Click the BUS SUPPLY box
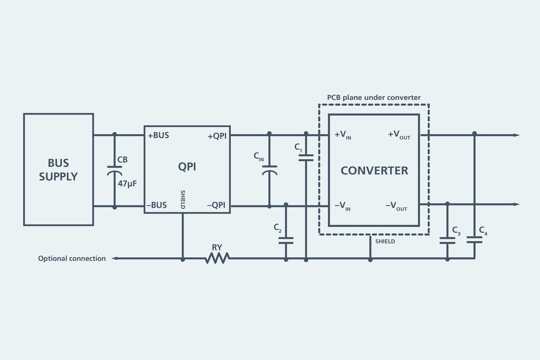(x=58, y=169)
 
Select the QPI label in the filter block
(x=187, y=167)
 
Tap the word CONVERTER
(x=374, y=170)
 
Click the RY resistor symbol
(x=217, y=258)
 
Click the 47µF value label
(x=127, y=184)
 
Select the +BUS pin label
(x=158, y=136)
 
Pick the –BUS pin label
(x=156, y=205)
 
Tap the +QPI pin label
(x=216, y=136)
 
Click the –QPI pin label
(x=216, y=205)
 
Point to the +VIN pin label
(x=343, y=135)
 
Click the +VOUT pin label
(x=399, y=135)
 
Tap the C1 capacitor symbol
(x=306, y=158)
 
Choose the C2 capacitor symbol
(x=286, y=240)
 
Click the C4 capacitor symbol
(x=474, y=240)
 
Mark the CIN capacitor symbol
(x=270, y=170)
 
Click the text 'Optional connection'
(x=72, y=259)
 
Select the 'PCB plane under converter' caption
(x=374, y=98)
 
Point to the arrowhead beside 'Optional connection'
(x=114, y=258)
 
